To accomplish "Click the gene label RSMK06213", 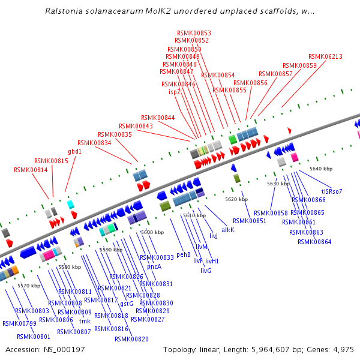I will (x=325, y=57).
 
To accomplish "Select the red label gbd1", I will (x=74, y=152).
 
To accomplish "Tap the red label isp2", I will (x=174, y=92).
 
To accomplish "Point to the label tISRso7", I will (x=330, y=192).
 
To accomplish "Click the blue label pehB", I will (x=184, y=254).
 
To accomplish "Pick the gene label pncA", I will (x=154, y=266).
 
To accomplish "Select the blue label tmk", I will (x=85, y=321).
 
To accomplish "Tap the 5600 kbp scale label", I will (x=152, y=232).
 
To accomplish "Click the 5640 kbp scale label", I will (x=320, y=169).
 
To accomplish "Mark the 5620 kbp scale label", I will (x=236, y=199).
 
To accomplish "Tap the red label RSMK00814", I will (x=31, y=170).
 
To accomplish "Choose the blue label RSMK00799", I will (x=19, y=323).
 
